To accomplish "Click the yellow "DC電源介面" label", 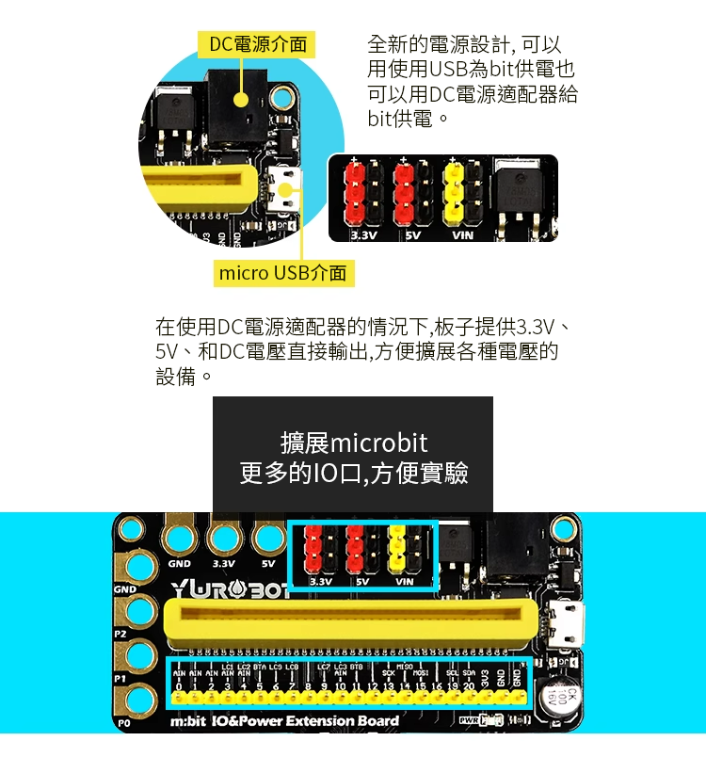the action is click(x=257, y=43).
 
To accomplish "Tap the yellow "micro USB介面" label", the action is click(x=282, y=274).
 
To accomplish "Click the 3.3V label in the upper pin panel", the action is click(x=363, y=234).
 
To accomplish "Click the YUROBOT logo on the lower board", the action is click(x=230, y=590).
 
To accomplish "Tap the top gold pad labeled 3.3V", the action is click(x=223, y=540).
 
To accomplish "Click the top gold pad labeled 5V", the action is click(x=269, y=540).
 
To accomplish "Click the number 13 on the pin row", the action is click(x=388, y=687).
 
